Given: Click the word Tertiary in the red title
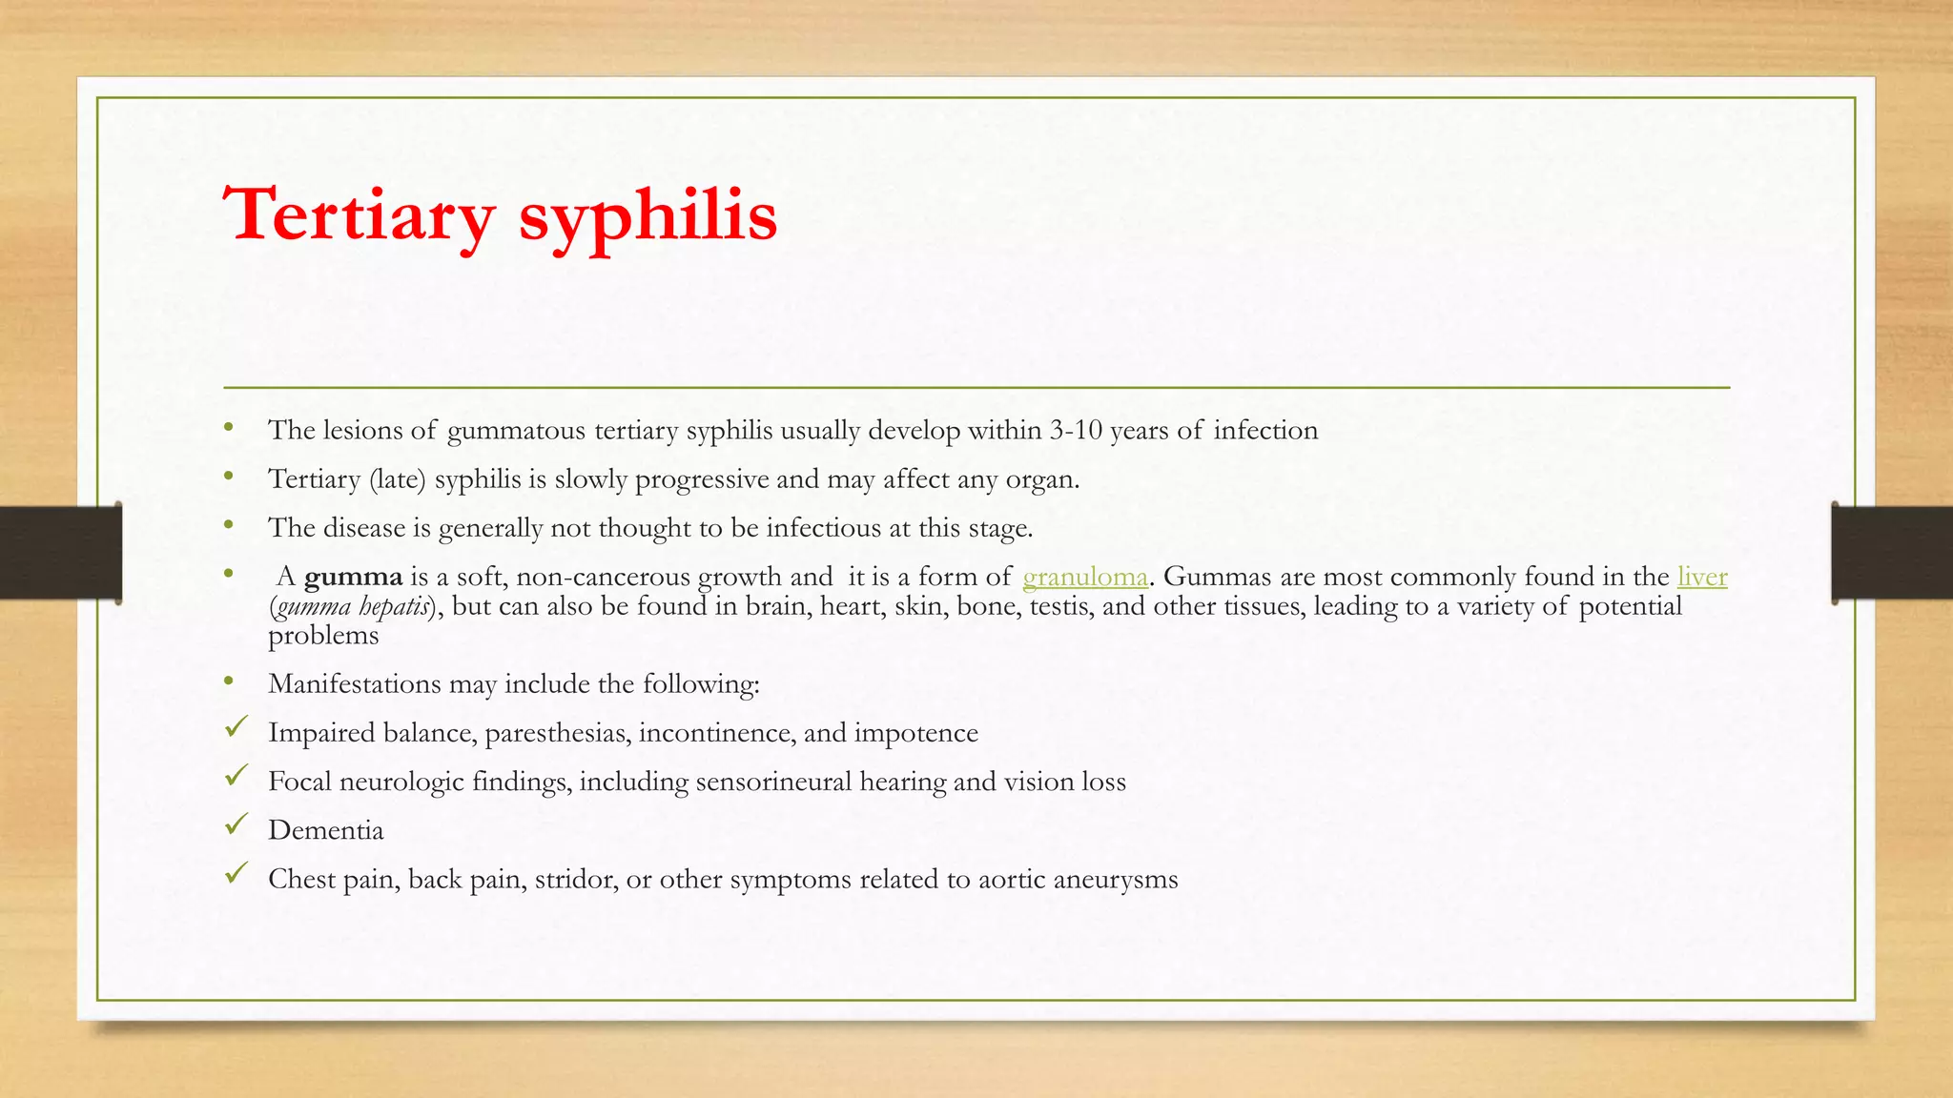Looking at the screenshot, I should pos(359,214).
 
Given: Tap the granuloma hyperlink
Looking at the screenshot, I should pos(1084,577).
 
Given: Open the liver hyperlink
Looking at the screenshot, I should pos(1702,577).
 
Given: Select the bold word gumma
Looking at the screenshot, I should pos(353,578).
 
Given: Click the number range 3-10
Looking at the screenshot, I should pos(1076,431).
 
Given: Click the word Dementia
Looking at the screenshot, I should pos(326,830).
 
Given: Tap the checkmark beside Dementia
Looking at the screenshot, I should pos(236,824).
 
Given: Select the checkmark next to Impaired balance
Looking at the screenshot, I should pos(236,727).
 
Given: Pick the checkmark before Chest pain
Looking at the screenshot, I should pos(236,873).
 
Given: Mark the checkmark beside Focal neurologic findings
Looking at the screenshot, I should pos(236,776).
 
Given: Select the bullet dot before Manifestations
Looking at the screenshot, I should pos(228,681).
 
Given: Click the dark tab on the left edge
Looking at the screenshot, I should pos(60,553).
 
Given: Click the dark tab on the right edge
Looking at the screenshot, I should pos(1892,553).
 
